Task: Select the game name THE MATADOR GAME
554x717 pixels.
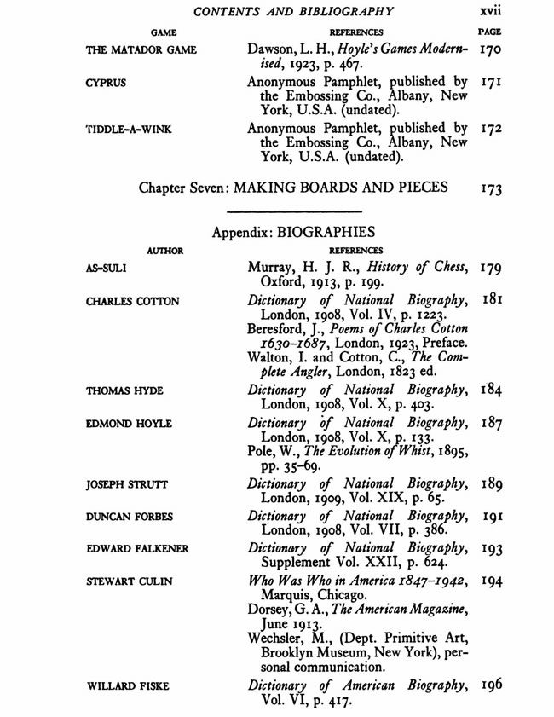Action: [141, 50]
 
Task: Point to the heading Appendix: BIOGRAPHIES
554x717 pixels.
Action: [294, 232]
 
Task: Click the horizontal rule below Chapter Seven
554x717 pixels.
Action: [294, 211]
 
